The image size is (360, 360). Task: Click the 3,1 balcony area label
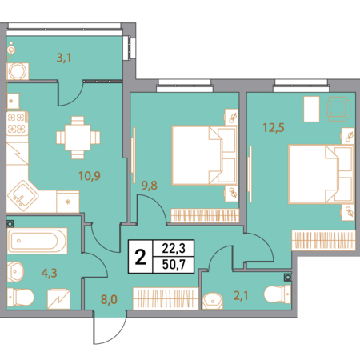click(64, 58)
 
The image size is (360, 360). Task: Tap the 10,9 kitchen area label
click(90, 176)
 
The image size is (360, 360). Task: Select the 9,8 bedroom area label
click(150, 186)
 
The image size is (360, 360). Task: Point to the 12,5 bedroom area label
click(274, 127)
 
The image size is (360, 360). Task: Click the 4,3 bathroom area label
click(50, 273)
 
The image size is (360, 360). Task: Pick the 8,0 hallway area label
click(109, 299)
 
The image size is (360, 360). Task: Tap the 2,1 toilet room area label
click(241, 295)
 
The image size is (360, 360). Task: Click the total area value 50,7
click(174, 265)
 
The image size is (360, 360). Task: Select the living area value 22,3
click(174, 249)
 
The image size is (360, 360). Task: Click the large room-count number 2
click(141, 257)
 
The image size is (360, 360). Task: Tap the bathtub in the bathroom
click(37, 241)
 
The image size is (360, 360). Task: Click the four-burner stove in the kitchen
click(18, 123)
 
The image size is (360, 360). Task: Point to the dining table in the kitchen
click(78, 138)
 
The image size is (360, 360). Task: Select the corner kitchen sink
click(22, 196)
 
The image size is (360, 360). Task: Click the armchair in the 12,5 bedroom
click(338, 109)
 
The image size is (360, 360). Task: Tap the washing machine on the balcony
click(18, 71)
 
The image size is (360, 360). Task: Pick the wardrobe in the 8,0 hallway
click(166, 298)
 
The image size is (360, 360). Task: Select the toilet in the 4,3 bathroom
click(21, 297)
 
